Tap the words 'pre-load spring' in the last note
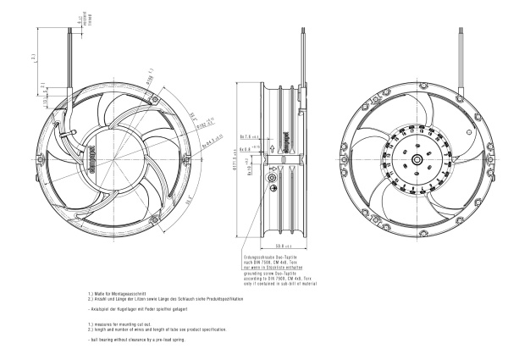pyautogui.click(x=167, y=339)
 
